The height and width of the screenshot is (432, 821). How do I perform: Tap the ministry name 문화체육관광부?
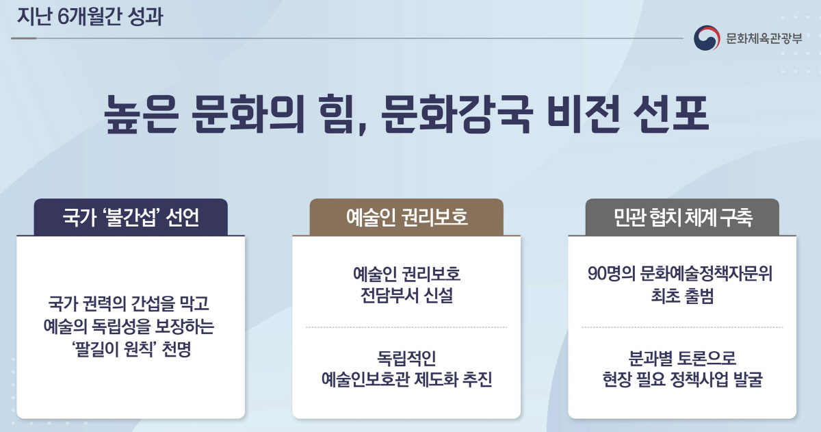click(x=764, y=38)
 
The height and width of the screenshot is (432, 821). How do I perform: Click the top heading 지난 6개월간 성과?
click(x=90, y=16)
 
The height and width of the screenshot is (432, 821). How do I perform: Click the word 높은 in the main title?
click(x=141, y=114)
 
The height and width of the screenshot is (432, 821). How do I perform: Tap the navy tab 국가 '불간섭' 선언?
click(x=131, y=218)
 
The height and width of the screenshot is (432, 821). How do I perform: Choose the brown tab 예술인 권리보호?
click(x=406, y=218)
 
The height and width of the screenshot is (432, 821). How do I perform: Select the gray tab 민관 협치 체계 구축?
click(x=682, y=218)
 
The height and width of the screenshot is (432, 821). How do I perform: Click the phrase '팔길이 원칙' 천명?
click(x=130, y=349)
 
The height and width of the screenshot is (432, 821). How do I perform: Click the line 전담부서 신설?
click(x=406, y=297)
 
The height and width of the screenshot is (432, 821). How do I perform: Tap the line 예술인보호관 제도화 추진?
click(x=406, y=380)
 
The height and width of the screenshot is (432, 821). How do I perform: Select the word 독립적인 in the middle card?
click(x=406, y=357)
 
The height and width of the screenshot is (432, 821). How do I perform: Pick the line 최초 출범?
click(x=682, y=297)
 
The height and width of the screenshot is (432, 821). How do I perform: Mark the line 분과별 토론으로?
click(x=682, y=357)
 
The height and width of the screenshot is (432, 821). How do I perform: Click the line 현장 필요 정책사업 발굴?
click(x=682, y=380)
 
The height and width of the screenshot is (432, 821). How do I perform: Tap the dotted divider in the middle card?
click(x=406, y=327)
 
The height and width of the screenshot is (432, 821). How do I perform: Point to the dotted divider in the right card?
click(x=682, y=327)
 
